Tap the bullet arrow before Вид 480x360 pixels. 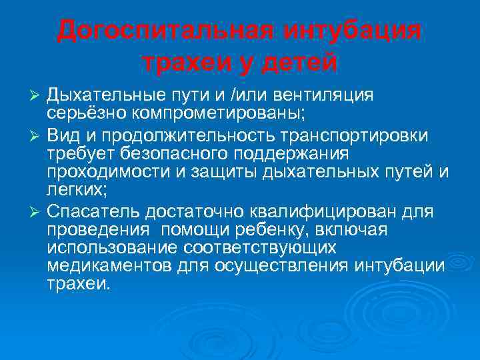click(x=38, y=137)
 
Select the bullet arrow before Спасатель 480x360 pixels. click(x=38, y=213)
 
